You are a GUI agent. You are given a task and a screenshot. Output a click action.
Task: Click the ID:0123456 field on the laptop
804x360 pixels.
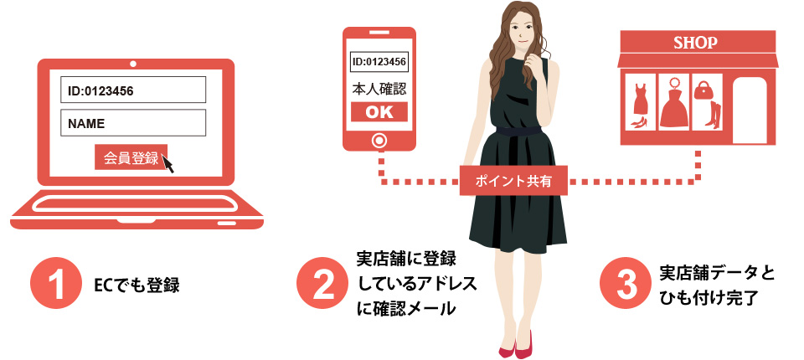pos(133,90)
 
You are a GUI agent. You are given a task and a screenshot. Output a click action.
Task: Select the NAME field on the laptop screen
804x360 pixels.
pos(133,123)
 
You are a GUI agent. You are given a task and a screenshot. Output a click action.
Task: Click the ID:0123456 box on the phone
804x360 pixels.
pos(379,61)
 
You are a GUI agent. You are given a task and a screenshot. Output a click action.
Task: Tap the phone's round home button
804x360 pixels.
pos(379,140)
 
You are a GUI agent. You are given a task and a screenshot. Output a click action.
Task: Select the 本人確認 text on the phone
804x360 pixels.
pos(379,87)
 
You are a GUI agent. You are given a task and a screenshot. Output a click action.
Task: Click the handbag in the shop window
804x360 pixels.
pos(705,87)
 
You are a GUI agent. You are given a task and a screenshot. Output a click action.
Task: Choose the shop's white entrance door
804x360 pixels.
pos(750,110)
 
